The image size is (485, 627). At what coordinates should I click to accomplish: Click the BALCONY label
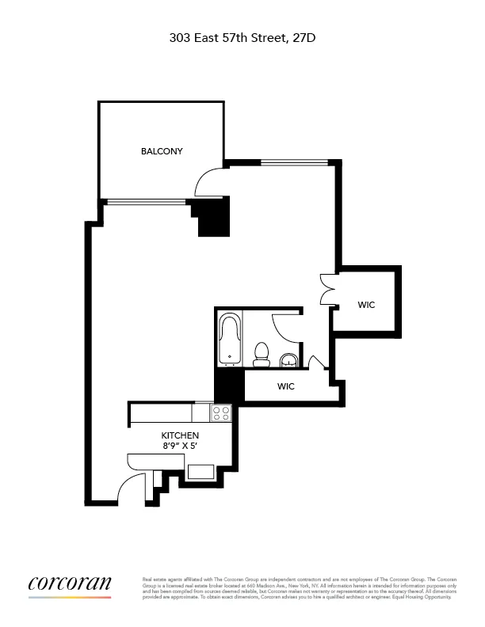point(162,151)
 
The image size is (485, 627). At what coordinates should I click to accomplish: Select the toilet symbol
point(260,355)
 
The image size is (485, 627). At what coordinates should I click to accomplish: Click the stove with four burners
point(221,412)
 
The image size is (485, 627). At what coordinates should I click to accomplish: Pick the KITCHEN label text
point(180,436)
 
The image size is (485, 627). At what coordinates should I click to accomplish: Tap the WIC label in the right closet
point(366,305)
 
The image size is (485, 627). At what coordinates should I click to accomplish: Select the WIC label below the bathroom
point(286,387)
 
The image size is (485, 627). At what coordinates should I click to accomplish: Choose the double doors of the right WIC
point(327,289)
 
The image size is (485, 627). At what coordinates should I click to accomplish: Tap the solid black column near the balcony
point(212,216)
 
